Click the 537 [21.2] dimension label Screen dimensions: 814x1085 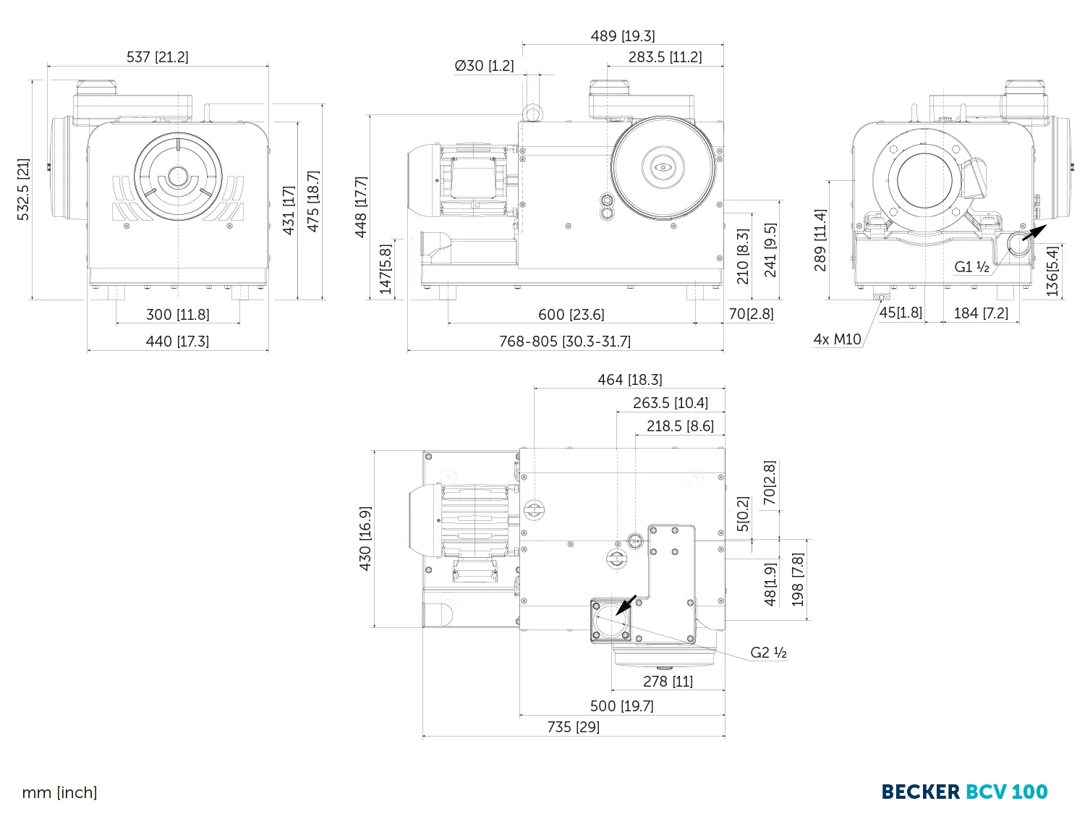[157, 57]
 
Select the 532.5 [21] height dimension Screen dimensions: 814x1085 [24, 189]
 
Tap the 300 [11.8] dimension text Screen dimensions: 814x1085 [177, 315]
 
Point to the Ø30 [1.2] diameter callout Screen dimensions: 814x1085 [484, 66]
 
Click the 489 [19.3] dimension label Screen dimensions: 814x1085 [622, 36]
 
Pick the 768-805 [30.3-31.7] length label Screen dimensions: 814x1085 [564, 342]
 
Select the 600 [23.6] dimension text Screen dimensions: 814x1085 [571, 315]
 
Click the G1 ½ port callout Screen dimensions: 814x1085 [971, 267]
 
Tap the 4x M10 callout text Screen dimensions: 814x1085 [837, 339]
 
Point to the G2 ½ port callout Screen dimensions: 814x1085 [768, 653]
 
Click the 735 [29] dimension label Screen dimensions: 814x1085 [573, 727]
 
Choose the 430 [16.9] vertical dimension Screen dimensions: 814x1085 [365, 538]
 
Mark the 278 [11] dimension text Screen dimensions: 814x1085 [668, 682]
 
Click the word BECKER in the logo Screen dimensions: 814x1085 [920, 792]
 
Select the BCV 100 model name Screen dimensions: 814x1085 [1007, 792]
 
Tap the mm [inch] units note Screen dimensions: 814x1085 [59, 793]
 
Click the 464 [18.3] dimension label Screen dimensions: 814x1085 [629, 380]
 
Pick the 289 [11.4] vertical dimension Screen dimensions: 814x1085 [820, 239]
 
